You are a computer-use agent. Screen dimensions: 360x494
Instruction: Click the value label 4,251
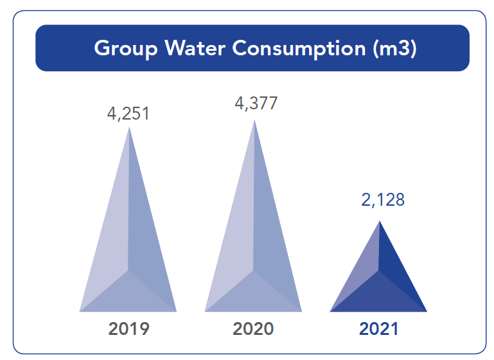pyautogui.click(x=128, y=114)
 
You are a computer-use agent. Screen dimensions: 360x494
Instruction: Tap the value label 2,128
pyautogui.click(x=383, y=199)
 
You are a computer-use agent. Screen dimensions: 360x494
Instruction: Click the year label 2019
pyautogui.click(x=128, y=329)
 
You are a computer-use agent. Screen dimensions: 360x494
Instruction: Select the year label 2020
pyautogui.click(x=253, y=329)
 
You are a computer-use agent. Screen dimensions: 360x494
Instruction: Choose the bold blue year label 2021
pyautogui.click(x=378, y=329)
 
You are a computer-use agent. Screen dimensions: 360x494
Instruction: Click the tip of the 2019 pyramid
pyautogui.click(x=130, y=128)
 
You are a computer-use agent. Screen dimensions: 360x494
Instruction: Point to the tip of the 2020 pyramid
pyautogui.click(x=254, y=120)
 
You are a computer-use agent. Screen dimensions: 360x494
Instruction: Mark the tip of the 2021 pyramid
pyautogui.click(x=380, y=222)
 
